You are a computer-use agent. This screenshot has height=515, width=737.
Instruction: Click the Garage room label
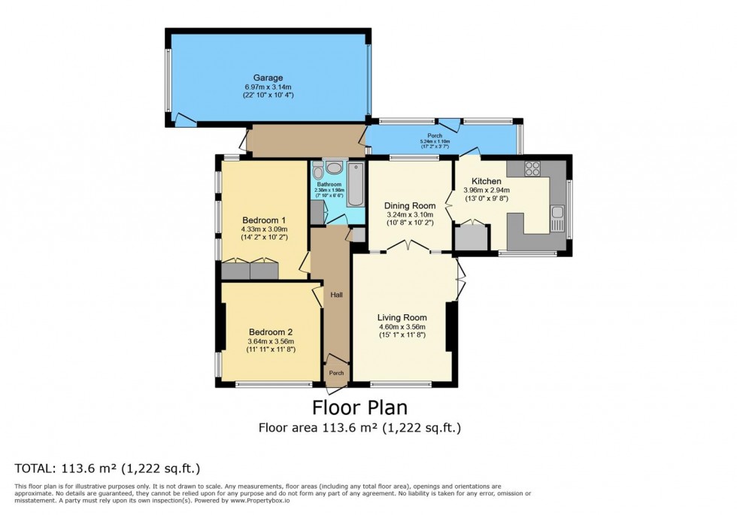(267, 77)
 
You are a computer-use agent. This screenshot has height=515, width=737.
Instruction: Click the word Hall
(337, 294)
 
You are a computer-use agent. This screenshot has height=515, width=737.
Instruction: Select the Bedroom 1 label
(264, 220)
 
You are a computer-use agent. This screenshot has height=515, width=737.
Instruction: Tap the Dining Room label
(410, 206)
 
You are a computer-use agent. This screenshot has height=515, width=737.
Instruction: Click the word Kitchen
(487, 181)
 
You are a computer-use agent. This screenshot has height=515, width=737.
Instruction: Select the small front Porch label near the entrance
(337, 373)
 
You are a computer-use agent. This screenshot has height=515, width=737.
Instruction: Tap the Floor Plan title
(359, 407)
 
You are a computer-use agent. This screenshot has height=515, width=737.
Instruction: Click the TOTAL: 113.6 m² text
(108, 468)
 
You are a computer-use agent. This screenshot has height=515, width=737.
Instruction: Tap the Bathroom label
(329, 184)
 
